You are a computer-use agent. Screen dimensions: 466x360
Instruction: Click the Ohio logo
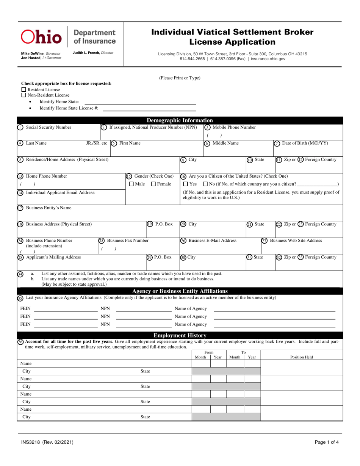click(41, 37)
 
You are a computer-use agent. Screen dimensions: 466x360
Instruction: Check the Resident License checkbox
click(23, 90)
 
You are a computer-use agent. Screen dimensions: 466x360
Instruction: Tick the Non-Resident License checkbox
click(23, 95)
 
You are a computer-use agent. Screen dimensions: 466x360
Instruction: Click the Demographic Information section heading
click(180, 120)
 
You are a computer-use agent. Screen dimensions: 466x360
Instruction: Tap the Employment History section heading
click(180, 335)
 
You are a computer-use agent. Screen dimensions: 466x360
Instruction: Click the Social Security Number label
click(48, 127)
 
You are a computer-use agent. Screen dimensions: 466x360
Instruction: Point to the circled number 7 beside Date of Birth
click(277, 143)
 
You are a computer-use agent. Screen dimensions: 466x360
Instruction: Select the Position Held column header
click(302, 357)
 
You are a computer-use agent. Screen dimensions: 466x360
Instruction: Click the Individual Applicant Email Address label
click(61, 192)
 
